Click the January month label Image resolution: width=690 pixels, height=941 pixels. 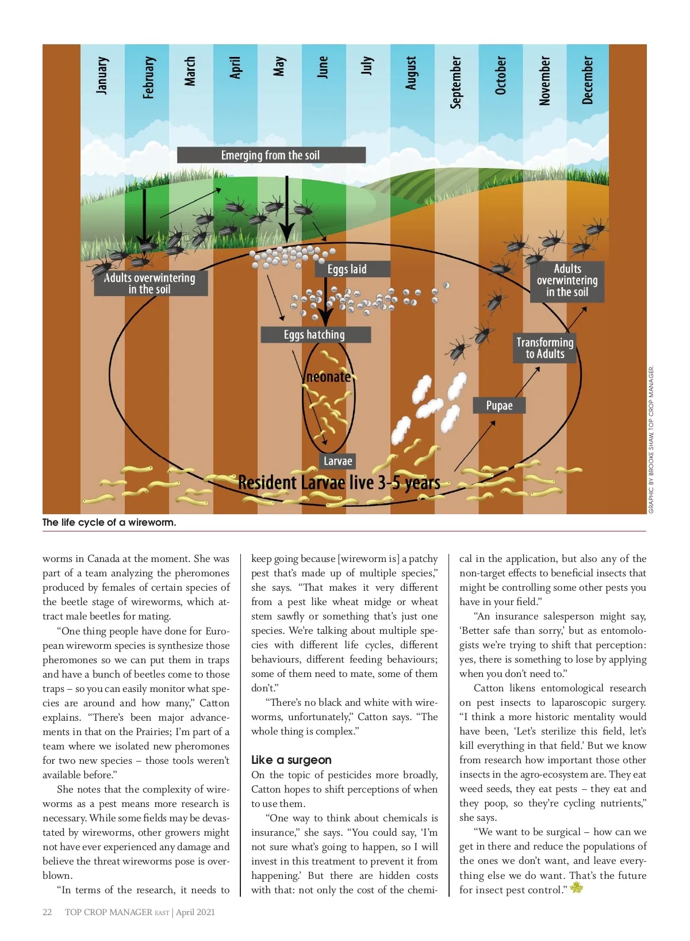pyautogui.click(x=102, y=75)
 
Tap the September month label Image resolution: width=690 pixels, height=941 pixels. pyautogui.click(x=455, y=82)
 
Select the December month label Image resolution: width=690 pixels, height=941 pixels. pyautogui.click(x=587, y=79)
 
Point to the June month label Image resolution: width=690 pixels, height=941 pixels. pyautogui.click(x=323, y=67)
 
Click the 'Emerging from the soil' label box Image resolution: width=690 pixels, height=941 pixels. pyautogui.click(x=271, y=155)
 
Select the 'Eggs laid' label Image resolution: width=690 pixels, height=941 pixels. pyautogui.click(x=347, y=269)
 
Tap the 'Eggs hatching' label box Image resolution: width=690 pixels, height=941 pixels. pyautogui.click(x=315, y=335)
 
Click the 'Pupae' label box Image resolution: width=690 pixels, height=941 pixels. pyautogui.click(x=499, y=406)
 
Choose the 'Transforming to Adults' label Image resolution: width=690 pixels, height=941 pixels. pyautogui.click(x=545, y=348)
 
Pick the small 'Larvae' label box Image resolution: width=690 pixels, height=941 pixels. pyautogui.click(x=338, y=461)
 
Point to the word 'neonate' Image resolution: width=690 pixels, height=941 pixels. pyautogui.click(x=328, y=377)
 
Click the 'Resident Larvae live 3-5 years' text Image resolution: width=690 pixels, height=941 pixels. pyautogui.click(x=339, y=483)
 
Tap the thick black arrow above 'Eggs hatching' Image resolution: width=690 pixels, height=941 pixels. pyautogui.click(x=325, y=308)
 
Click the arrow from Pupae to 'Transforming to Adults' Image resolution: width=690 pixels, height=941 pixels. pyautogui.click(x=527, y=380)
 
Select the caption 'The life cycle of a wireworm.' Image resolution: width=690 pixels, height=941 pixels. pyautogui.click(x=109, y=522)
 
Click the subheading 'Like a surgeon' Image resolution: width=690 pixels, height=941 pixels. pyautogui.click(x=291, y=760)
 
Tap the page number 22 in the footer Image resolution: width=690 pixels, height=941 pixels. pyautogui.click(x=47, y=912)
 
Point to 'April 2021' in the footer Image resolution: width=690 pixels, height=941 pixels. pyautogui.click(x=195, y=912)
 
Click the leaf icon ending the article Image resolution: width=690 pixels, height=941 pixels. pyautogui.click(x=576, y=888)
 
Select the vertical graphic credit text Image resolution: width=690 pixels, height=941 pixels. pyautogui.click(x=651, y=440)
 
